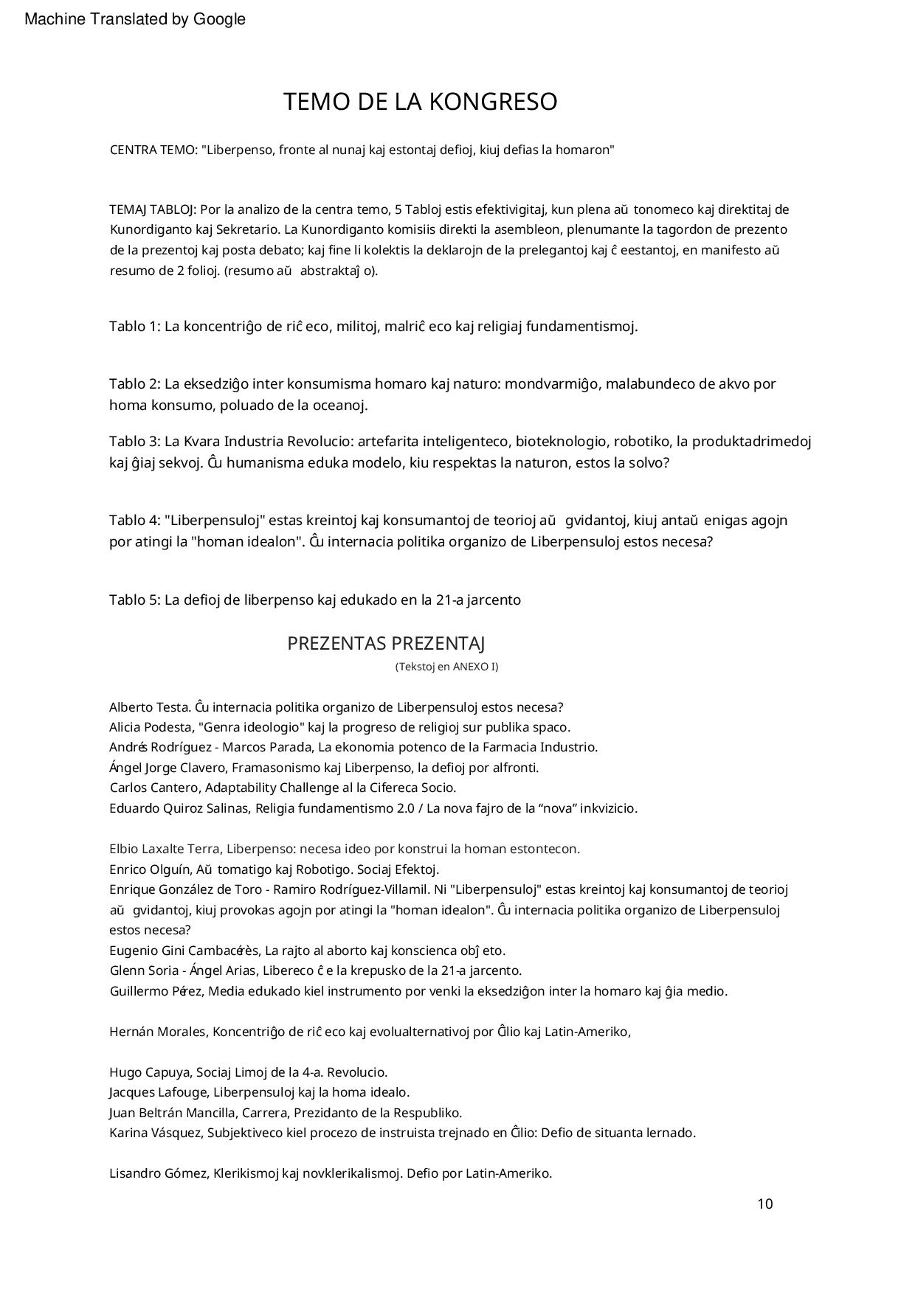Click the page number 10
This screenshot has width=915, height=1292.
[764, 1204]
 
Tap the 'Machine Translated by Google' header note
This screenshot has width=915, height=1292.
[135, 19]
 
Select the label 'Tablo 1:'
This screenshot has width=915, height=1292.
[134, 326]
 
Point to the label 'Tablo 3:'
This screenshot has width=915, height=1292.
[134, 441]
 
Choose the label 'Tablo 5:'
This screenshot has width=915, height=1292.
[134, 600]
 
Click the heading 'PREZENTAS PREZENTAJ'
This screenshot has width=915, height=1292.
[386, 644]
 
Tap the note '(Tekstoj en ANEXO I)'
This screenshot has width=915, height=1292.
[446, 667]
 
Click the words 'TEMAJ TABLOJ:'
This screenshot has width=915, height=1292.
[153, 209]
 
